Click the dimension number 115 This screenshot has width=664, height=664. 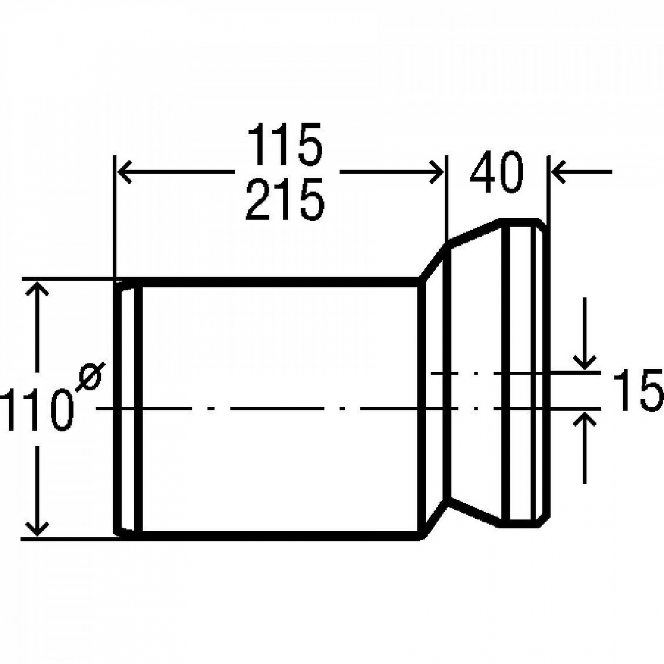(285, 144)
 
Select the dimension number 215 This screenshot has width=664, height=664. (285, 199)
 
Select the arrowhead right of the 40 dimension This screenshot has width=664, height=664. (560, 172)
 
